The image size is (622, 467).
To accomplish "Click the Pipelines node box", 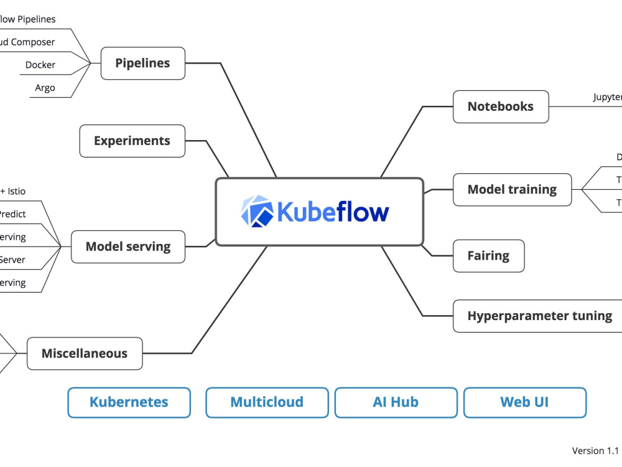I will (142, 64).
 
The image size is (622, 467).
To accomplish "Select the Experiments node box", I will (132, 141).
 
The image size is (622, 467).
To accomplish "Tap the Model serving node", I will (128, 247).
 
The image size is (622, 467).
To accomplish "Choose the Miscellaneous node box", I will (84, 354).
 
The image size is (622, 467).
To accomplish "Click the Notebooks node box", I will (501, 106).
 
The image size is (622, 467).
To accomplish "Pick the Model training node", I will (512, 189).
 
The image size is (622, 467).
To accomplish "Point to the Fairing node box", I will (488, 256).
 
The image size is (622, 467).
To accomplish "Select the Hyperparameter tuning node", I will (539, 316).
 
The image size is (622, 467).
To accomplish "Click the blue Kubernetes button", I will (129, 402).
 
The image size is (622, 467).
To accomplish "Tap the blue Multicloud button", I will (267, 402).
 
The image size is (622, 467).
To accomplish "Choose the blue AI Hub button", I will (396, 402).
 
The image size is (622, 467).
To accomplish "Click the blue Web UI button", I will (524, 402).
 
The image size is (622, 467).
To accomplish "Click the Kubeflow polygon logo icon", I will (257, 210).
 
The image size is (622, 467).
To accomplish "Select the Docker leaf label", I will (40, 65).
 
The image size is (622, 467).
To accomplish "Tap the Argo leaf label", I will (45, 88).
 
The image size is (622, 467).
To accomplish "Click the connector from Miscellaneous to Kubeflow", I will (230, 299).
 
